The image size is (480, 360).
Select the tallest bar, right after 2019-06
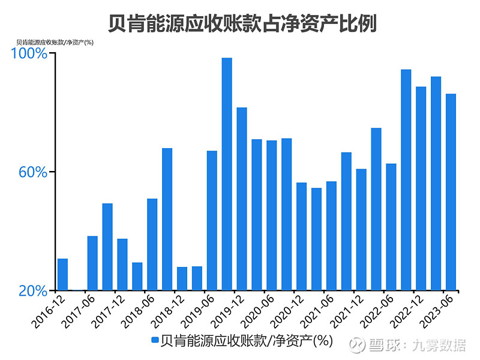coord(227,174)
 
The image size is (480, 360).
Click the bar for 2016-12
coord(62,274)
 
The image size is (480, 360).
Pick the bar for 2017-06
coord(92,263)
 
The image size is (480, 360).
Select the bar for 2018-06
coord(152,244)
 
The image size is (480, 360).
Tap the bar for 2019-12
coord(242,199)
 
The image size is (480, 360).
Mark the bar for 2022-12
coord(421,188)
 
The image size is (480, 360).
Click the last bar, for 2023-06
coord(451,192)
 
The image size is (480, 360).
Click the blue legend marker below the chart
coord(155,340)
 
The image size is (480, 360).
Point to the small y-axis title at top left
coord(55,42)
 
